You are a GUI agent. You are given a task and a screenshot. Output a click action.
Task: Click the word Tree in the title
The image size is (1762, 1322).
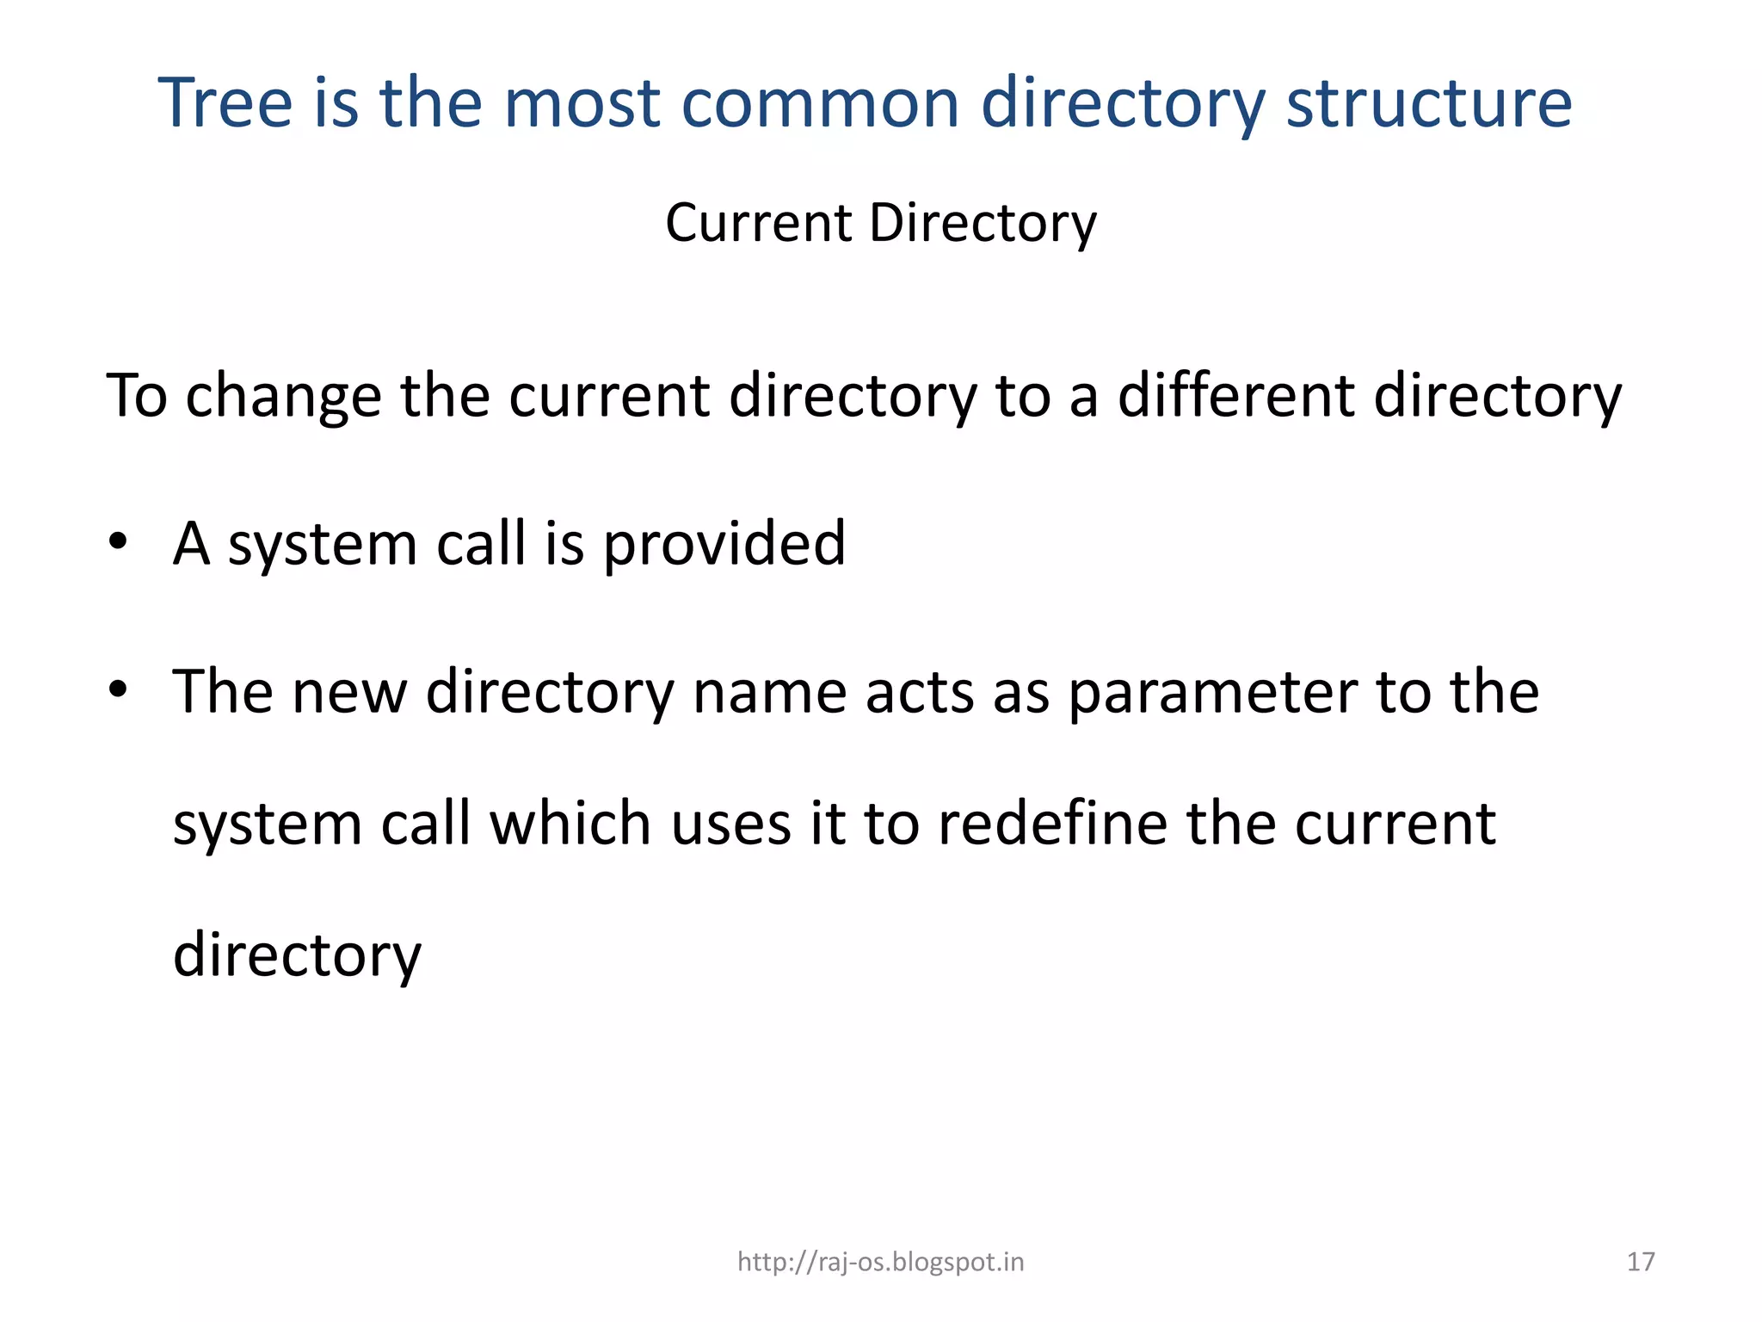tap(225, 102)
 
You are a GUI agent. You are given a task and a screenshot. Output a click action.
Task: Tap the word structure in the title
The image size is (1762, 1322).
tap(1429, 102)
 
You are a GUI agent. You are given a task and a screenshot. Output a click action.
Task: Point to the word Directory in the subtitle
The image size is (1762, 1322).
tap(983, 224)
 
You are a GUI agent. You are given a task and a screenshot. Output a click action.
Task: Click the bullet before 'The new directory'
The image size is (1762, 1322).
tap(118, 690)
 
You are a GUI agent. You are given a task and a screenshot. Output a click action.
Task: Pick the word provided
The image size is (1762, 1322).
tap(724, 544)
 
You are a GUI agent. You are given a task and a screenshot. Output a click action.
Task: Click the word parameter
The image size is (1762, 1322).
tap(1213, 692)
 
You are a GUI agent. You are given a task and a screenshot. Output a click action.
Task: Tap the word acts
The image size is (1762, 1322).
tap(920, 692)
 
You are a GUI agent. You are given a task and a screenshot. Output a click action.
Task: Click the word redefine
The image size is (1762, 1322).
tap(1052, 823)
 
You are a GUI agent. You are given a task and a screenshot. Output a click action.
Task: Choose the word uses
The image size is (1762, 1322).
tap(730, 823)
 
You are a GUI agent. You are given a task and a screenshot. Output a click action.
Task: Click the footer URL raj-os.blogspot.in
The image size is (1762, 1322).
tap(880, 1262)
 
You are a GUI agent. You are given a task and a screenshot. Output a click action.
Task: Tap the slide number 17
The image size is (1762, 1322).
tap(1640, 1262)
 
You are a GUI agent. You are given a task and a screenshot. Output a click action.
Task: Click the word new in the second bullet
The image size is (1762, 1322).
tap(349, 692)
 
